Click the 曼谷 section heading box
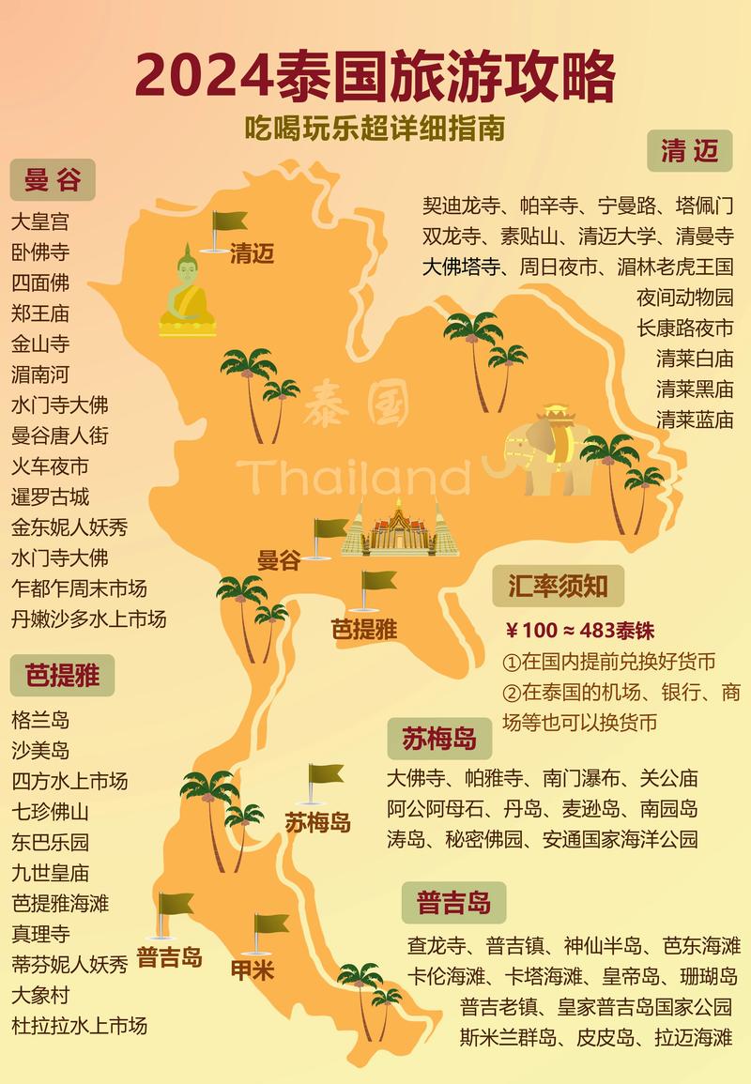pyautogui.click(x=53, y=179)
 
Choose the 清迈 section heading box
pyautogui.click(x=690, y=151)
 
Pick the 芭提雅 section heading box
pyautogui.click(x=62, y=675)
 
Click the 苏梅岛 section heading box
pyautogui.click(x=438, y=738)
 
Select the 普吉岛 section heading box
pyautogui.click(x=453, y=903)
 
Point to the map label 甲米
pyautogui.click(x=253, y=969)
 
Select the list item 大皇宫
pyautogui.click(x=39, y=222)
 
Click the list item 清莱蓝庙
pyautogui.click(x=695, y=420)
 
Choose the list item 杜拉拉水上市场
pyautogui.click(x=80, y=1025)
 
